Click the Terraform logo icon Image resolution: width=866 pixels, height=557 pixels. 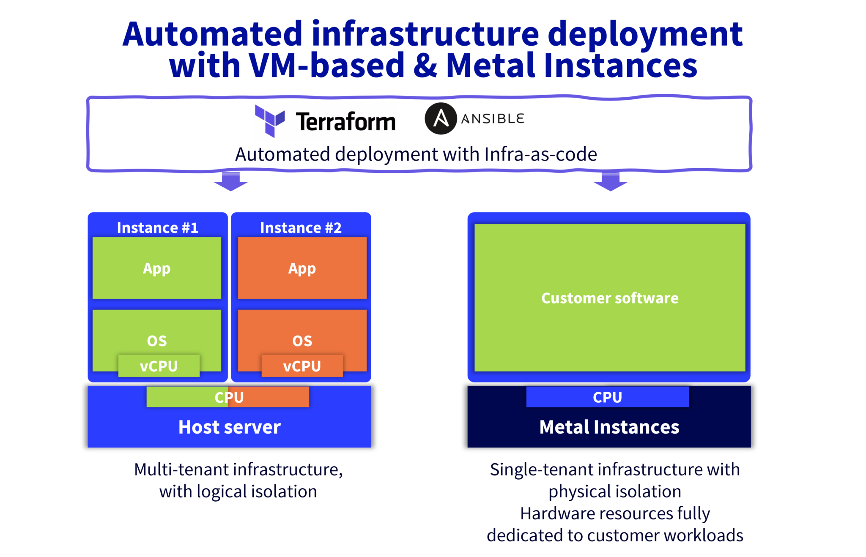(x=270, y=121)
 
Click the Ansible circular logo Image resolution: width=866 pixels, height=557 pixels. (x=441, y=118)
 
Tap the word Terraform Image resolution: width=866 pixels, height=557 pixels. (x=345, y=122)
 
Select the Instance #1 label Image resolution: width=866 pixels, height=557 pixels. (x=157, y=228)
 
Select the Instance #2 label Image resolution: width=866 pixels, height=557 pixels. (x=301, y=228)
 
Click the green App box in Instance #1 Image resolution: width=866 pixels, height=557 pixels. (x=157, y=268)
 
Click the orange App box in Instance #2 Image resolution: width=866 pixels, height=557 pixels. (x=302, y=268)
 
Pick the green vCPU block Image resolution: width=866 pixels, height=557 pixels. (x=159, y=366)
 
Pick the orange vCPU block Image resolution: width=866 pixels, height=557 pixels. (x=302, y=366)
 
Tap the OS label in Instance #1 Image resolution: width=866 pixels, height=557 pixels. (x=157, y=341)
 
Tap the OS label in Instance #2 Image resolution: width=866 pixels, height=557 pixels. (x=302, y=341)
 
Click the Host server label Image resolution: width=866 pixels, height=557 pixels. (x=229, y=427)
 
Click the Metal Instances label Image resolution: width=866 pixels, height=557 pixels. (x=609, y=427)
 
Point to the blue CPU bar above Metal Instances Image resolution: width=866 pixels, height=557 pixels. (x=607, y=397)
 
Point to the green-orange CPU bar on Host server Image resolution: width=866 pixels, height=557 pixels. (x=228, y=397)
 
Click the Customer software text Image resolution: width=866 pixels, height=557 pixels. (x=610, y=298)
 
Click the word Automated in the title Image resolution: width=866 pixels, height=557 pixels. (x=212, y=34)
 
